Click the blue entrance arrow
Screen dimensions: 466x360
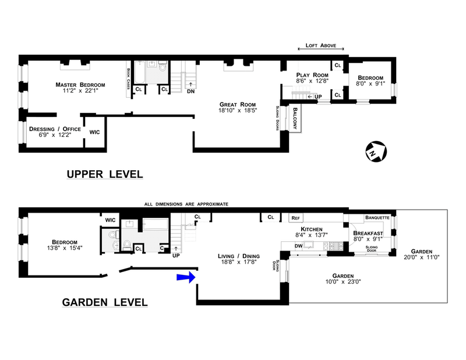point(186,277)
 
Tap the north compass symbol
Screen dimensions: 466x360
point(376,151)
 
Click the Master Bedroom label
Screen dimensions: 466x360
point(80,84)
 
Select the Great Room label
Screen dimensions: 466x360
point(238,104)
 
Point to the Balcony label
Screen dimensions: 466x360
point(295,118)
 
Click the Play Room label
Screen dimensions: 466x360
point(312,75)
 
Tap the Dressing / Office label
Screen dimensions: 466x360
point(55,129)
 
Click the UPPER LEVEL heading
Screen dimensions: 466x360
point(105,174)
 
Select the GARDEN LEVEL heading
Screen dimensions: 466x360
point(105,302)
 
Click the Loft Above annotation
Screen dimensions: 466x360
point(321,45)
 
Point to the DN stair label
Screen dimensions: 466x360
point(191,91)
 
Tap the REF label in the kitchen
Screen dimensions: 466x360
point(295,218)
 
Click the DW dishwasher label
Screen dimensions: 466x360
point(298,246)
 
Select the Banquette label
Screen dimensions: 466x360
point(377,218)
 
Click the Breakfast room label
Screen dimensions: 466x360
point(368,234)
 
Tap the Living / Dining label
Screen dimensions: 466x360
point(239,256)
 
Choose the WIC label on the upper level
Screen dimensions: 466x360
point(94,132)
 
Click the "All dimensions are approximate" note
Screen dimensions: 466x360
point(186,204)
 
